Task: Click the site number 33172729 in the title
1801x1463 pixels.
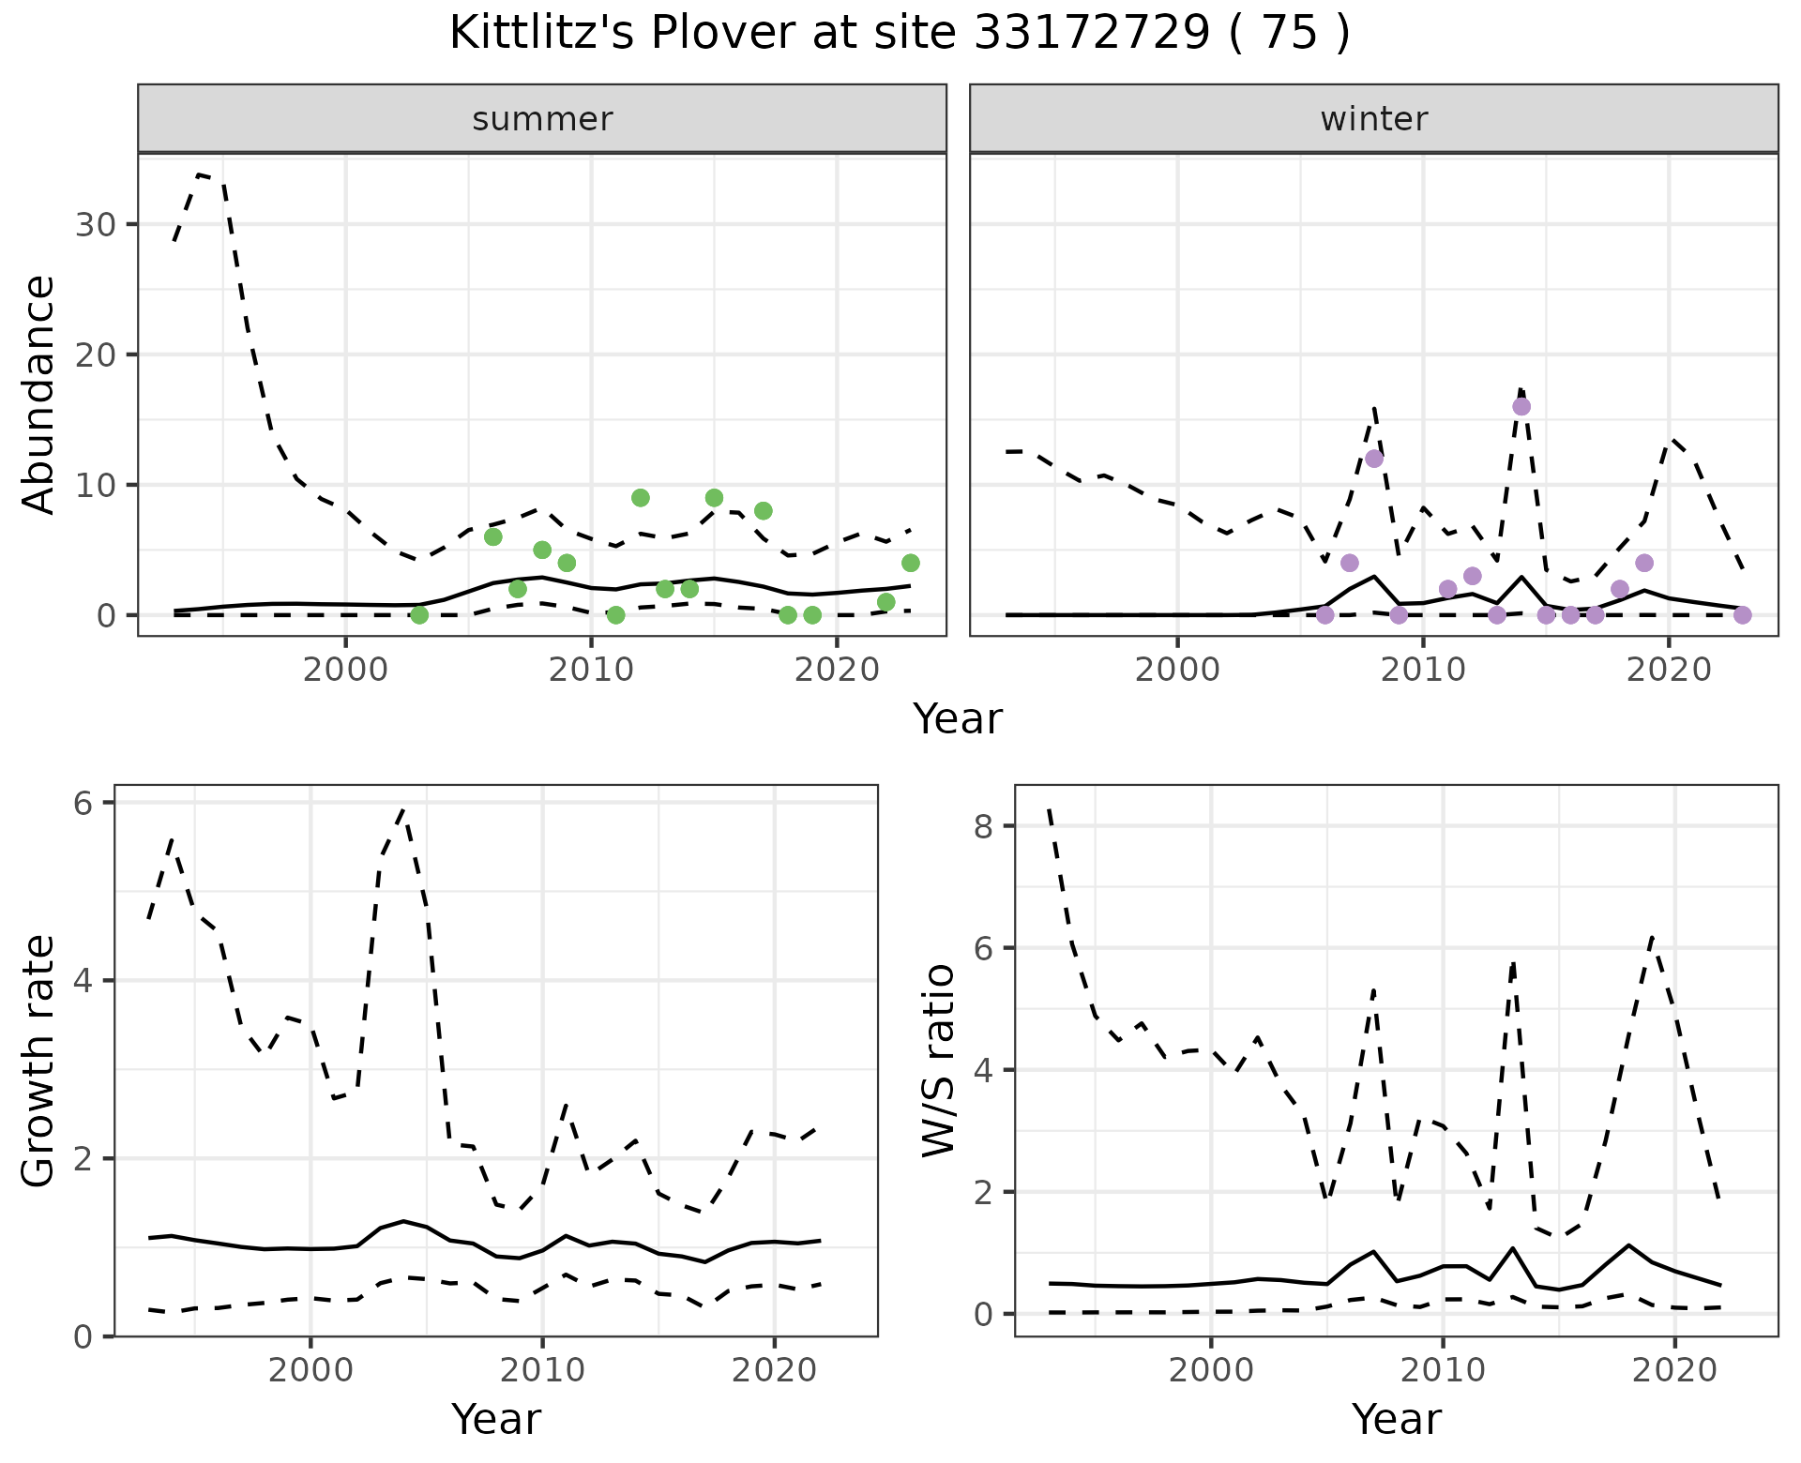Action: pos(1092,34)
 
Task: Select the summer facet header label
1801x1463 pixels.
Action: pos(542,119)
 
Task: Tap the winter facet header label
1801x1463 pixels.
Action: pos(1373,119)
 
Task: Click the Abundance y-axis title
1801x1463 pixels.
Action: pos(39,395)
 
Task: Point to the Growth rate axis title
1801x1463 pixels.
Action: pos(39,1062)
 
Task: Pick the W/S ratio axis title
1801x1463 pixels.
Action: pos(939,1062)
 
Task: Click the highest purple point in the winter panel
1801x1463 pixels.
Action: pos(1521,406)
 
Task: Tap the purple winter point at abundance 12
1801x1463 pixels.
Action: pos(1374,459)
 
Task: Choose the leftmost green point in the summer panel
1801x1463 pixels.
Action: pos(419,615)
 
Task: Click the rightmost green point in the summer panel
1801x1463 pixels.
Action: pos(911,563)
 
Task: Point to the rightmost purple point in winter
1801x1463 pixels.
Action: pos(1743,615)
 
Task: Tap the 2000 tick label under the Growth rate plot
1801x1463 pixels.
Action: pos(310,1370)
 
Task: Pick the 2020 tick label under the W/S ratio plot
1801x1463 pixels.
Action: pos(1675,1370)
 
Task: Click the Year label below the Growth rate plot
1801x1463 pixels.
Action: pos(496,1420)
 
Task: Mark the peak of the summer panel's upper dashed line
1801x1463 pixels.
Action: pos(201,173)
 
